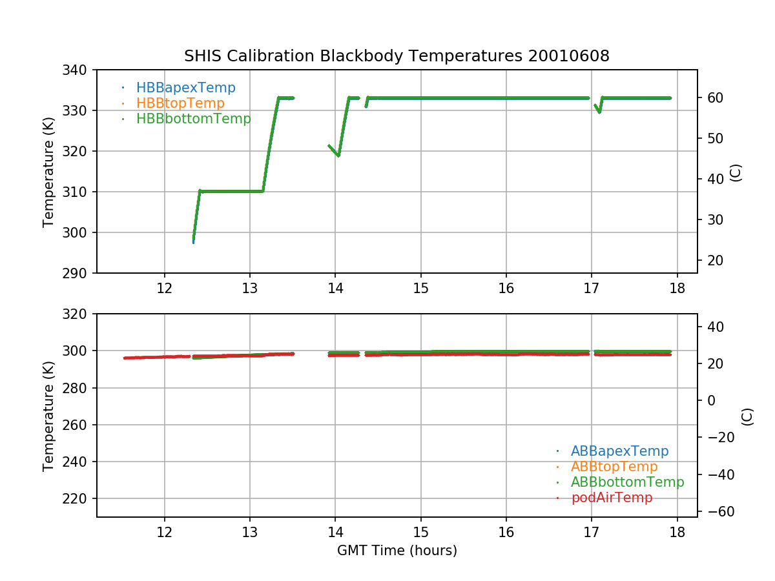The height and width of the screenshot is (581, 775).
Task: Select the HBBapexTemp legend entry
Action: (185, 88)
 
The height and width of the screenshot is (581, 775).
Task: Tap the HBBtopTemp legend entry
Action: (180, 103)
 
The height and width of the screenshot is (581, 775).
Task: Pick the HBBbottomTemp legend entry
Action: (193, 119)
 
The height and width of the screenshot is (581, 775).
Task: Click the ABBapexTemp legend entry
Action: (619, 451)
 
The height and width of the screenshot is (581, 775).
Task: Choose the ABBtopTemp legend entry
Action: (614, 467)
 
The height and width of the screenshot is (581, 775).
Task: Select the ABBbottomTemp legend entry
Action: (627, 482)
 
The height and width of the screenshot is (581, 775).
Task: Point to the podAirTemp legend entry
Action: (612, 498)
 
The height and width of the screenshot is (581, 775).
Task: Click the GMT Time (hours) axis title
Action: (397, 551)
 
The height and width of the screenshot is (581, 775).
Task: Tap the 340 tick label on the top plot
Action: (76, 70)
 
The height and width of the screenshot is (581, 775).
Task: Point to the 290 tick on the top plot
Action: (76, 273)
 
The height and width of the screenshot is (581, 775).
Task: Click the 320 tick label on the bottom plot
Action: (76, 314)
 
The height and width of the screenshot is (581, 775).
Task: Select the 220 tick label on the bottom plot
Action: (76, 499)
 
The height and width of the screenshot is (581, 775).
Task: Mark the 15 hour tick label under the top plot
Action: (420, 289)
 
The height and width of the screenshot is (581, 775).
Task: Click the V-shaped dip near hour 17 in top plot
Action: (599, 112)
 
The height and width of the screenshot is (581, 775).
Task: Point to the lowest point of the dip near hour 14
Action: (338, 155)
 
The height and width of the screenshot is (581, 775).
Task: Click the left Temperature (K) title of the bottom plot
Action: (48, 415)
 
